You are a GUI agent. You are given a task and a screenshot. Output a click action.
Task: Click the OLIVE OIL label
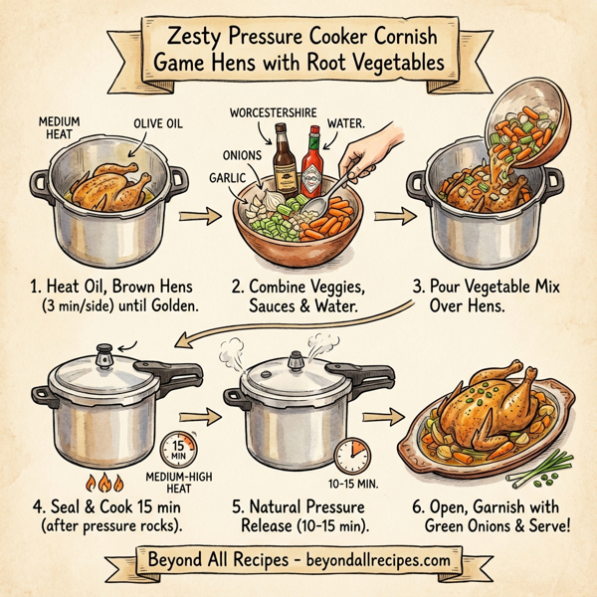[x=153, y=124]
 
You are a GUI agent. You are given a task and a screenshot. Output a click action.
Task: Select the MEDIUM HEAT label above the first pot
[x=59, y=129]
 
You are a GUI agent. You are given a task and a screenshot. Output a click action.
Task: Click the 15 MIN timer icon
[x=178, y=448]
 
